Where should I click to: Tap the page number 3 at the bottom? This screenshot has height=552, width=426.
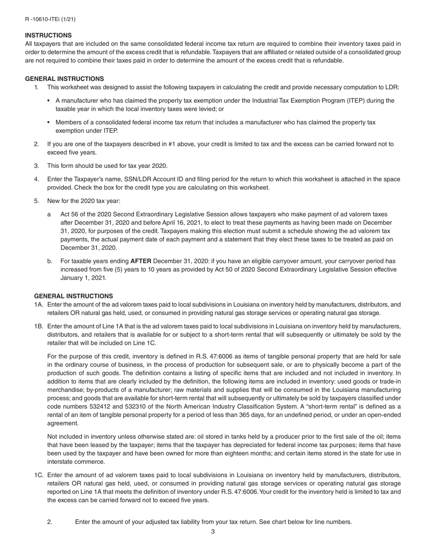click(213, 532)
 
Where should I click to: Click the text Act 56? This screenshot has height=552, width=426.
click(70, 215)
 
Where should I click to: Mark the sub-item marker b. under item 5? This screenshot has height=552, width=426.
click(50, 261)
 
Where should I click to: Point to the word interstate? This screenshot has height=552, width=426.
click(61, 462)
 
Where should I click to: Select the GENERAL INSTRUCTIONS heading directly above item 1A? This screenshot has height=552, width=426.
click(74, 296)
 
